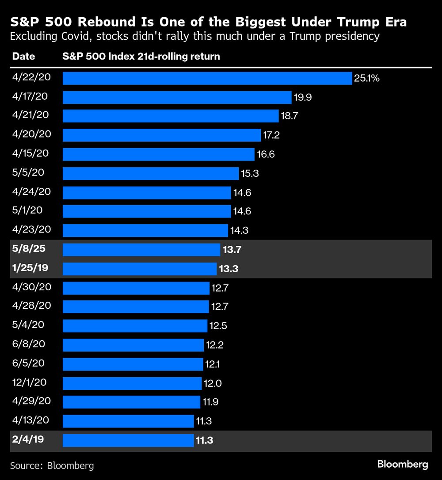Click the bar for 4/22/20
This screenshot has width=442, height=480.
(x=207, y=78)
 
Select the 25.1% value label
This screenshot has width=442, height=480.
(x=366, y=79)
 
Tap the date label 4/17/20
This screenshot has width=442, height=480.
(x=31, y=96)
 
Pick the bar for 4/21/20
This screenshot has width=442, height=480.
(x=171, y=116)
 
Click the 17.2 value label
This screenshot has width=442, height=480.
(x=271, y=135)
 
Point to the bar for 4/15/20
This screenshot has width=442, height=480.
(x=159, y=154)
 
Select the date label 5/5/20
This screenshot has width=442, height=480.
(x=28, y=172)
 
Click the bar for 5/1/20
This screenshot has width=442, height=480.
(x=147, y=211)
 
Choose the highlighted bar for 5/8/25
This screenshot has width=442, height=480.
(x=141, y=250)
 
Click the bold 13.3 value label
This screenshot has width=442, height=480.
(x=229, y=269)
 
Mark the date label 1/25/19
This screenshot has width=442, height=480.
(x=31, y=268)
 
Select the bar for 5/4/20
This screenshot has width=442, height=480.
(x=135, y=326)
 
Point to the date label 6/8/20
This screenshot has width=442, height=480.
(x=29, y=344)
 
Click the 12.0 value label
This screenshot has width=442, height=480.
(x=212, y=383)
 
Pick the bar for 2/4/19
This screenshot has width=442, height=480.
(x=128, y=440)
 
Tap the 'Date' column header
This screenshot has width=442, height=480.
(x=23, y=56)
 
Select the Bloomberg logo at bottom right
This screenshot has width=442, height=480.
(x=402, y=464)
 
